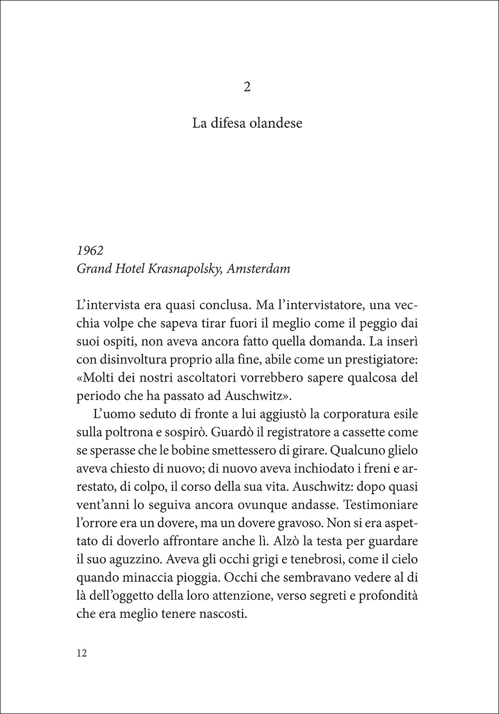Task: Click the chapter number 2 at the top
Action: (x=247, y=88)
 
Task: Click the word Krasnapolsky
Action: (x=184, y=269)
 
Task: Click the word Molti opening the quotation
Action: (x=97, y=378)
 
